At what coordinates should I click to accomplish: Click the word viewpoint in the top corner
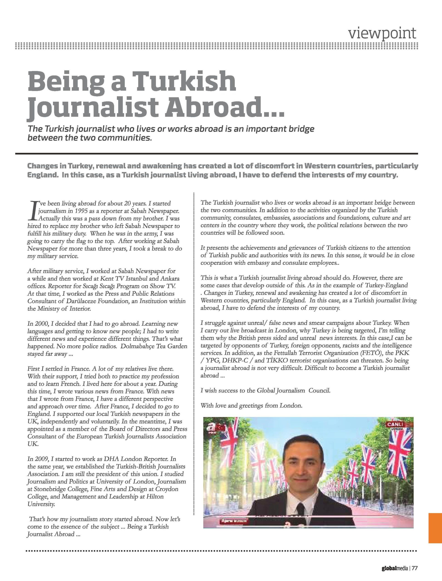click(382, 33)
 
